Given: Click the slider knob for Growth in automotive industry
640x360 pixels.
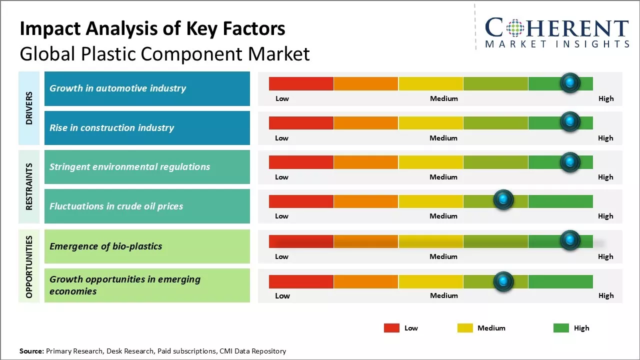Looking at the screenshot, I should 570,83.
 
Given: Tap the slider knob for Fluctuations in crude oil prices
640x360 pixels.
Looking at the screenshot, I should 503,200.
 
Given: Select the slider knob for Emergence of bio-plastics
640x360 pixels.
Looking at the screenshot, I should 570,240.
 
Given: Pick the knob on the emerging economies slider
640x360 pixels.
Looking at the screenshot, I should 503,281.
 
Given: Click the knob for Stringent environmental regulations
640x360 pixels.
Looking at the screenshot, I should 570,162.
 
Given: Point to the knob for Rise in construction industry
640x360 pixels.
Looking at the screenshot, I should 570,121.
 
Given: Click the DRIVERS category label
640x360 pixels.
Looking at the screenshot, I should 29,108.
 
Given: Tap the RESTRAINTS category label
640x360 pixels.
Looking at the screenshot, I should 29,186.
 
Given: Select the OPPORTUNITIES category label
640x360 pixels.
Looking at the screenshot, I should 29,266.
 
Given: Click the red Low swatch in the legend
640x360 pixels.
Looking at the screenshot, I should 391,328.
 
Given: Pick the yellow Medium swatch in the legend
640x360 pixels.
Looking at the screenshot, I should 465,328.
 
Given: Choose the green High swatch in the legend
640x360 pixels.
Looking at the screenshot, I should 561,328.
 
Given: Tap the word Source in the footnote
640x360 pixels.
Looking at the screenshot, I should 31,351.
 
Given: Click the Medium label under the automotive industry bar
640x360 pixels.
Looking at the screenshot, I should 444,98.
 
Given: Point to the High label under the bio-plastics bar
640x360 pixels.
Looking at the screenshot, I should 605,256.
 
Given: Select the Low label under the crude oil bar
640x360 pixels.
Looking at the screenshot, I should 281,216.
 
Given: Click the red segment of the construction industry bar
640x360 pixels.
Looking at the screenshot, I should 301,123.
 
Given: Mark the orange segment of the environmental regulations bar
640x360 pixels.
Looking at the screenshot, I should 366,162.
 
